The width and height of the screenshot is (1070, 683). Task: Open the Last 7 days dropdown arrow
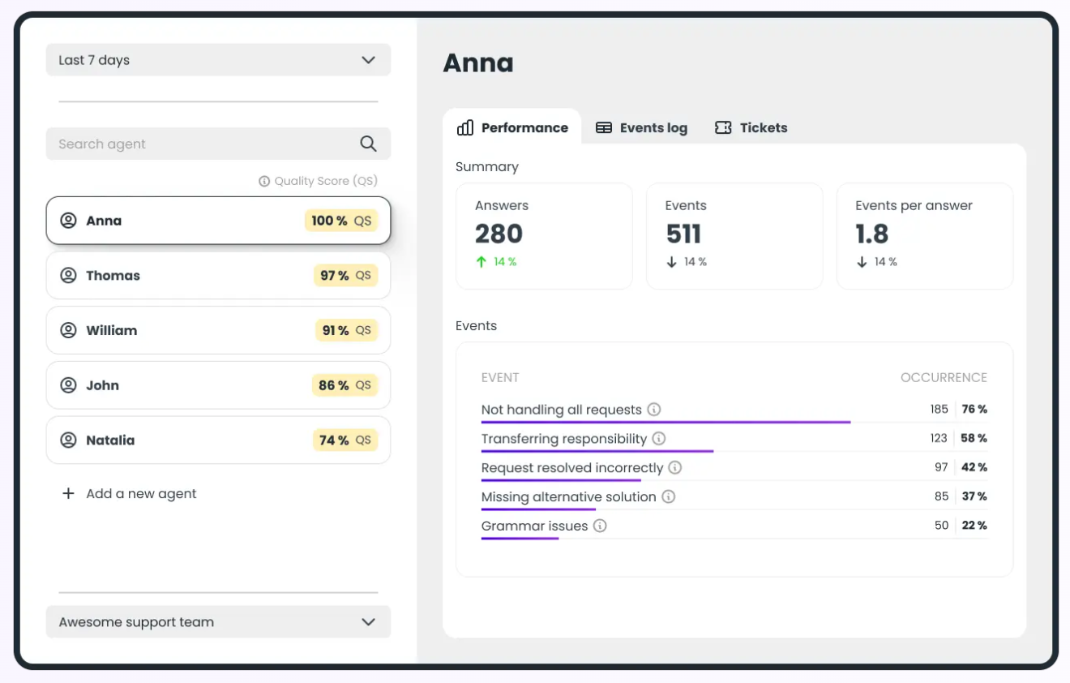(368, 60)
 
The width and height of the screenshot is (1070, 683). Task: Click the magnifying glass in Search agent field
(368, 144)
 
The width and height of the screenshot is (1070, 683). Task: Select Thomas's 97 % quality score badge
(345, 276)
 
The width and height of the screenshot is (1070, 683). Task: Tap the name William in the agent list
(112, 331)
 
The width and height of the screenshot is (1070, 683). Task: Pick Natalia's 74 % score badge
(345, 440)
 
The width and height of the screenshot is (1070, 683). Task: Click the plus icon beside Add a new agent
(68, 493)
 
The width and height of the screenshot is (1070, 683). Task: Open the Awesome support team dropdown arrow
(368, 622)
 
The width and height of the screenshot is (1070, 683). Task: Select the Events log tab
(641, 128)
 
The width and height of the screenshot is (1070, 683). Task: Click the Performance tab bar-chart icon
(465, 128)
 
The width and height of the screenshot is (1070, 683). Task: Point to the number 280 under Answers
(499, 234)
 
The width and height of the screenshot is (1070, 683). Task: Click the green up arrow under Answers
(481, 262)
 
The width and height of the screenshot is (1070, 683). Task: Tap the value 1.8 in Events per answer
(872, 234)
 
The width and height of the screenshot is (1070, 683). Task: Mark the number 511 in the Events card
(683, 234)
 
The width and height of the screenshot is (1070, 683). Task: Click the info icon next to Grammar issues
(600, 526)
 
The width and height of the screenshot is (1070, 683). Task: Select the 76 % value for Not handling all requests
(974, 410)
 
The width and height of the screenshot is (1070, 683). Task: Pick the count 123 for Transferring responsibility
(939, 439)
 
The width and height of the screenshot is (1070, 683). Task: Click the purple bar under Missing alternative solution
(538, 509)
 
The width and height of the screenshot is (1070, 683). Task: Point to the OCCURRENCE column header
(944, 378)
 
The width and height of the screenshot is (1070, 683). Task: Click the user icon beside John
(69, 385)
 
